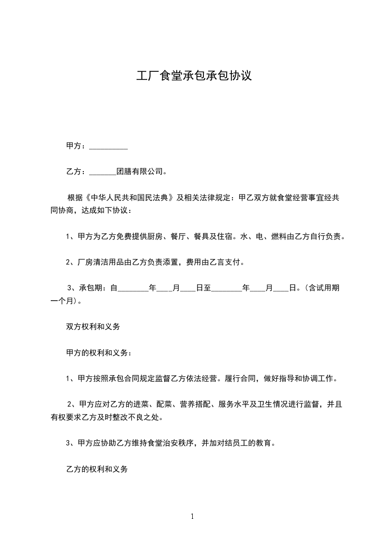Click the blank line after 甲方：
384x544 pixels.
(x=108, y=146)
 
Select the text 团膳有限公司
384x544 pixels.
(x=140, y=171)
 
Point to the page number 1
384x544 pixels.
(x=192, y=516)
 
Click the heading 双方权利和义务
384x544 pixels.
(x=93, y=326)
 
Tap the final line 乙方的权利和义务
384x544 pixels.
(x=96, y=469)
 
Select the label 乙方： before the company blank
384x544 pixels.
(x=76, y=171)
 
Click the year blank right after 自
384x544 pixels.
(x=133, y=288)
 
